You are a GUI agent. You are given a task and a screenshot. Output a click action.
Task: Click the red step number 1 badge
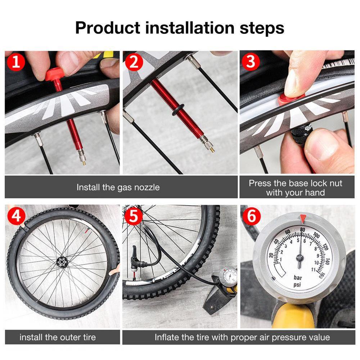click(x=15, y=62)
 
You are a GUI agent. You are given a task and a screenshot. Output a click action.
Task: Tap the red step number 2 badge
click(x=134, y=62)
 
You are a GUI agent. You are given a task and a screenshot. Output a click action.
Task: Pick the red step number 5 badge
click(x=134, y=216)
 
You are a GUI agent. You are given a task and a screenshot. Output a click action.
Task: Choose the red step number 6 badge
click(x=251, y=216)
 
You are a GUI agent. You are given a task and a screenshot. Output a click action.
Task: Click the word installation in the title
click(x=190, y=28)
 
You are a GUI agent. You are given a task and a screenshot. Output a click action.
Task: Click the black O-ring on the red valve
click(x=178, y=109)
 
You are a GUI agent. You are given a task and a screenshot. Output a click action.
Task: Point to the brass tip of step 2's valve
click(x=212, y=150)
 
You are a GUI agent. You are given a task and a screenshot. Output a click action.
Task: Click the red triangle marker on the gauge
click(x=303, y=219)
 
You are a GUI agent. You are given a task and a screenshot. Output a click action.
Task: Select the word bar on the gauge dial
click(x=298, y=278)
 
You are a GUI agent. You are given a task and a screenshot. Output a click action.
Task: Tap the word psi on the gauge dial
click(x=297, y=285)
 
